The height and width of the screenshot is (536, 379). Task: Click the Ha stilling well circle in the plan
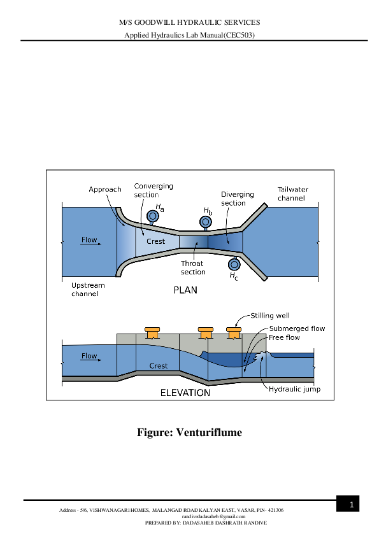pyautogui.click(x=153, y=216)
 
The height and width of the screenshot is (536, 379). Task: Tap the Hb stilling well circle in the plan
pyautogui.click(x=205, y=222)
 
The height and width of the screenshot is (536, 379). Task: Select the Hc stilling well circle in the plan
pyautogui.click(x=234, y=264)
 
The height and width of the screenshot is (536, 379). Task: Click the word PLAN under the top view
pyautogui.click(x=185, y=290)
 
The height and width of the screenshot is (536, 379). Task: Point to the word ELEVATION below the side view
pyautogui.click(x=185, y=393)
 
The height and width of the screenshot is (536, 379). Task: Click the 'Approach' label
pyautogui.click(x=105, y=190)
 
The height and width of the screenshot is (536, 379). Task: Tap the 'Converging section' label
pyautogui.click(x=153, y=190)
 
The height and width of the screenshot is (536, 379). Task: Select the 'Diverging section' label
pyautogui.click(x=237, y=199)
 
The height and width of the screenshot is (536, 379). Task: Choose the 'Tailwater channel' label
pyautogui.click(x=291, y=194)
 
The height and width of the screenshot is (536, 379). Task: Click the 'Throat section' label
pyautogui.click(x=193, y=267)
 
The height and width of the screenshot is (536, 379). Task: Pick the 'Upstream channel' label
pyautogui.click(x=88, y=290)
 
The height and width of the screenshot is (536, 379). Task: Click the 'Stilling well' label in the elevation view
pyautogui.click(x=270, y=316)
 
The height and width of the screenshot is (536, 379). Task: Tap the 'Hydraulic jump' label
pyautogui.click(x=294, y=389)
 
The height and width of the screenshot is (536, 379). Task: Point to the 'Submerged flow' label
pyautogui.click(x=297, y=328)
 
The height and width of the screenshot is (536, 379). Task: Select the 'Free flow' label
pyautogui.click(x=284, y=337)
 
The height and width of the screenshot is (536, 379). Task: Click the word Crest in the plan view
pyautogui.click(x=155, y=241)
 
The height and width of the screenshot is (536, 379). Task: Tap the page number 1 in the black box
pyautogui.click(x=350, y=505)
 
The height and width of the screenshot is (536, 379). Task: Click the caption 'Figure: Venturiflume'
pyautogui.click(x=189, y=433)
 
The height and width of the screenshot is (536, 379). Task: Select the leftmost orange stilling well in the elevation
pyautogui.click(x=152, y=333)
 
